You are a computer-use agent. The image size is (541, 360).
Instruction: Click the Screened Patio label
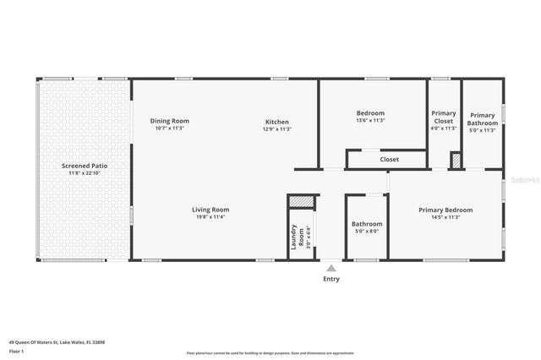tap(85, 166)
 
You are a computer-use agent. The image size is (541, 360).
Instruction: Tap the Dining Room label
tap(169, 120)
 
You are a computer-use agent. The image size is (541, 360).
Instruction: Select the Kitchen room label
tap(277, 120)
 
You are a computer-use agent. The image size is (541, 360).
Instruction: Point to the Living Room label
tap(210, 210)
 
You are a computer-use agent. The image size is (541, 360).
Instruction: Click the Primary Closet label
tap(444, 117)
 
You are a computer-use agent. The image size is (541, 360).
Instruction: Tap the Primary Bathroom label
tap(483, 119)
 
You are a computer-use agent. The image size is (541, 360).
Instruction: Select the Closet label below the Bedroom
tap(389, 159)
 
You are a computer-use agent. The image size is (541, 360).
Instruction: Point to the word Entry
tap(331, 279)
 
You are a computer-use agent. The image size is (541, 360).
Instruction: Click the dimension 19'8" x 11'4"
tap(210, 217)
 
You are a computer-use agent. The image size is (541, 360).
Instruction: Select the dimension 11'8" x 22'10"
tap(85, 173)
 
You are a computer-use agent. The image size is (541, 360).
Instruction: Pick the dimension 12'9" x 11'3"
tap(277, 128)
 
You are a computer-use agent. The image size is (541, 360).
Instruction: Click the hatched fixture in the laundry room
tap(300, 201)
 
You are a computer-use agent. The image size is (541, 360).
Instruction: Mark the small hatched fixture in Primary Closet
tap(455, 160)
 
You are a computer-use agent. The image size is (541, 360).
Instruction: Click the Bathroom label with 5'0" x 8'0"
tap(367, 224)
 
